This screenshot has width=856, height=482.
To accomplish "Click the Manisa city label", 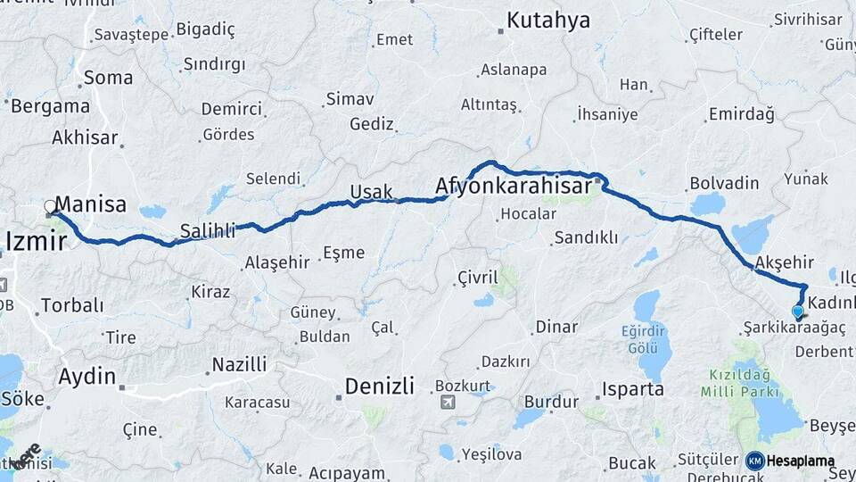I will point(90,204).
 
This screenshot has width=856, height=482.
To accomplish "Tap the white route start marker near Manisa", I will point(51,208).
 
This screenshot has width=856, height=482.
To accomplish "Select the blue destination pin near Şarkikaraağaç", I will point(798,312).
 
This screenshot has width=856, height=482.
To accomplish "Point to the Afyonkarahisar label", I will point(513,187).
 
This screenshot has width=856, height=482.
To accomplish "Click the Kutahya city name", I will point(547,21).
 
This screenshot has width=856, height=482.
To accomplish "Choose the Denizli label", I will point(379,386).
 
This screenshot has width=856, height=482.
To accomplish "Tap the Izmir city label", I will point(36,241).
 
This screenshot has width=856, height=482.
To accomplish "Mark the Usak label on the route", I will point(371,191).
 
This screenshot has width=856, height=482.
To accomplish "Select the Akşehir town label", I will point(785,262).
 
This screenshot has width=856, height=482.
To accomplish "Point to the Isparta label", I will point(633,389).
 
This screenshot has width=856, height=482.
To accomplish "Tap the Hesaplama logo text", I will point(800,461).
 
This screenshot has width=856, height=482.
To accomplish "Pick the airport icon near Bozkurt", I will point(446,402).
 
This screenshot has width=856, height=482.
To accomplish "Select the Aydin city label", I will point(86,377).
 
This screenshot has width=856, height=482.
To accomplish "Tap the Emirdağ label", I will point(741,114).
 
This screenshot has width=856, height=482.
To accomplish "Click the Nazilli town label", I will point(238,364).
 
